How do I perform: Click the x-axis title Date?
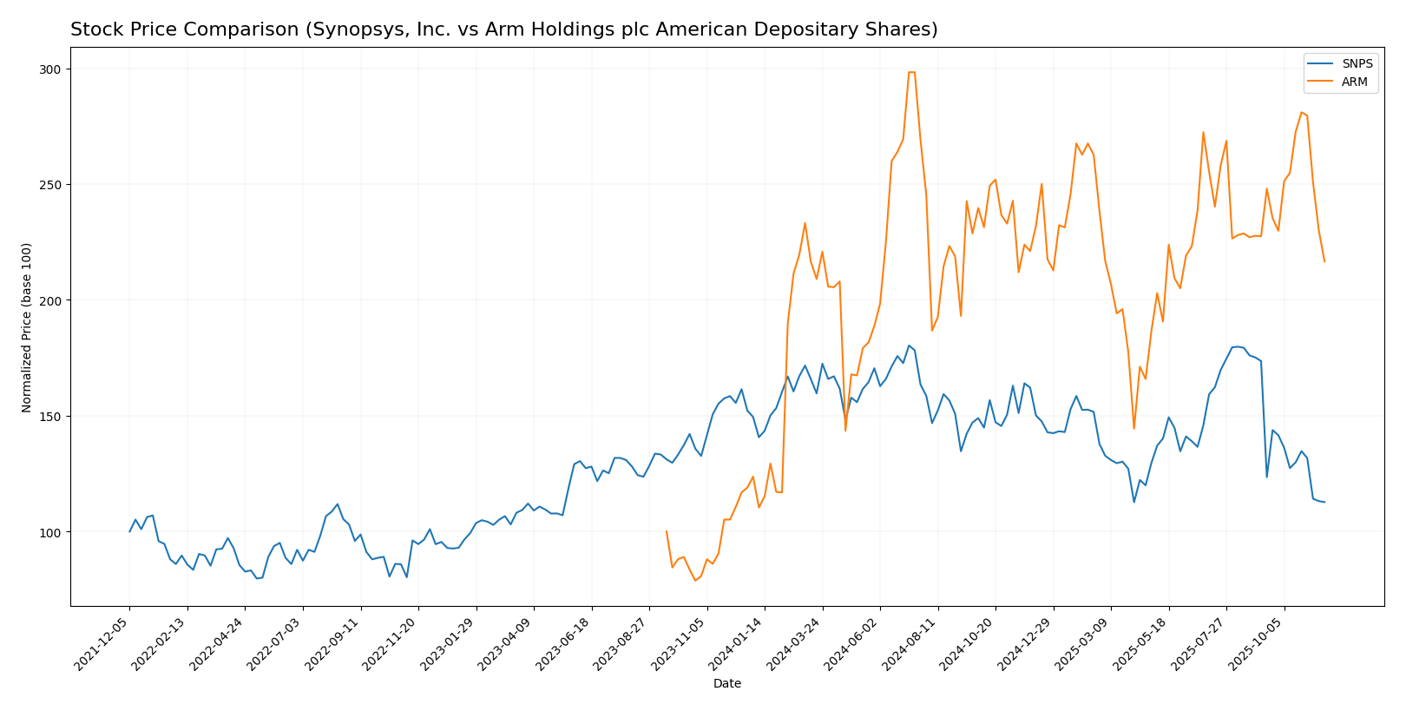point(726,684)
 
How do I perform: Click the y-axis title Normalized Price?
point(27,327)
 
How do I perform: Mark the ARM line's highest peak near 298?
point(911,72)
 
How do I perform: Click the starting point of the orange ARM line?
point(666,531)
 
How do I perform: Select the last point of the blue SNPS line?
point(1324,502)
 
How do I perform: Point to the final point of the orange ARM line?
point(1324,261)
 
